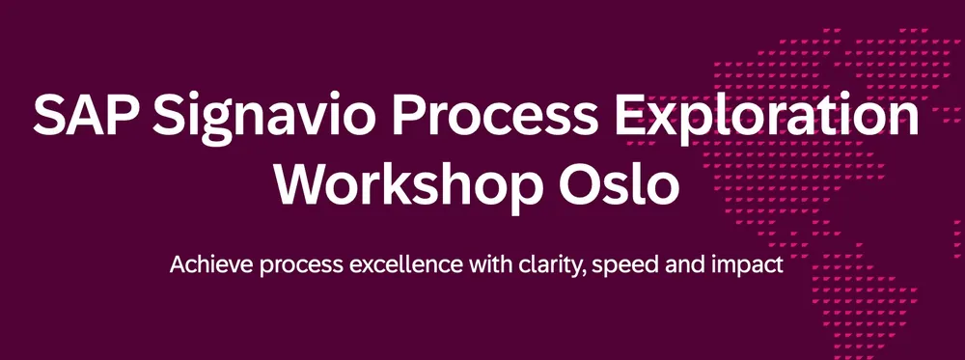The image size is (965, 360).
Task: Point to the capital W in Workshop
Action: click(298, 183)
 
